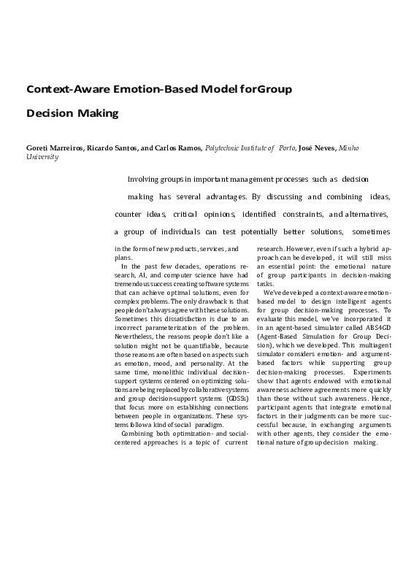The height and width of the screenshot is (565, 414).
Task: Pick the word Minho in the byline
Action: point(349,147)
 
